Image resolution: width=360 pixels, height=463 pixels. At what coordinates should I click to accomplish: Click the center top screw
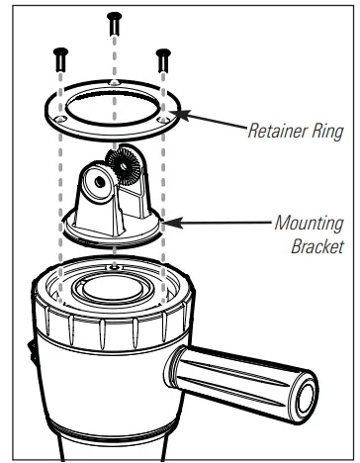click(x=115, y=22)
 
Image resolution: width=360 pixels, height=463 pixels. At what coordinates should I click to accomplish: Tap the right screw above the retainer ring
click(x=162, y=57)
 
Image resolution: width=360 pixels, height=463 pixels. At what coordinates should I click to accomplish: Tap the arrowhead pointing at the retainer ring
click(x=185, y=116)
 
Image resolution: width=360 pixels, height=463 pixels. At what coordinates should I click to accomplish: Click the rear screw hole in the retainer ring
click(x=115, y=82)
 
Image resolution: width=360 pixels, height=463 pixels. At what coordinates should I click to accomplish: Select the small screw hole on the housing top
click(x=116, y=266)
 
